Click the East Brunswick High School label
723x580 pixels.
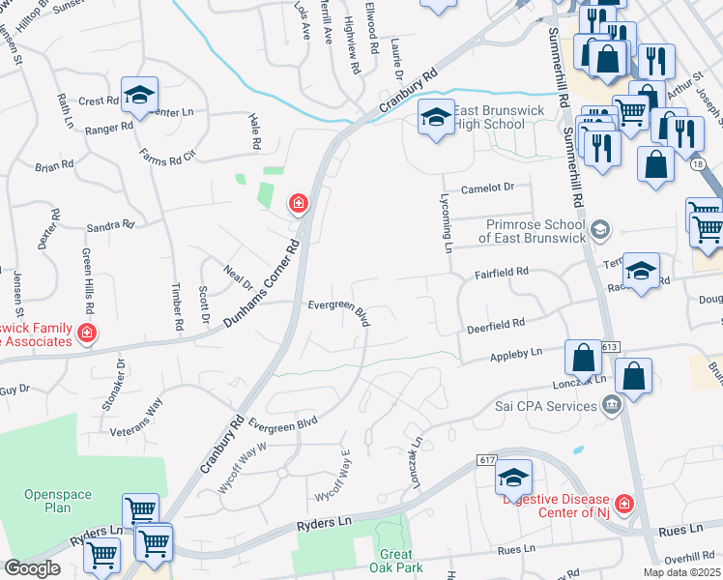[489, 117]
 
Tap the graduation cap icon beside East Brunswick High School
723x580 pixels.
[436, 118]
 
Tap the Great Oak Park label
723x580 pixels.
[396, 561]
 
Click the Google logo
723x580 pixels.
[32, 568]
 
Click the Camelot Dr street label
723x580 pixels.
[489, 188]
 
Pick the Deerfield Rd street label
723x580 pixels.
[495, 325]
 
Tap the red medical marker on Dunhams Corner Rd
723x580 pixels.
[299, 203]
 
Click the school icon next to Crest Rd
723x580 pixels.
[141, 95]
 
